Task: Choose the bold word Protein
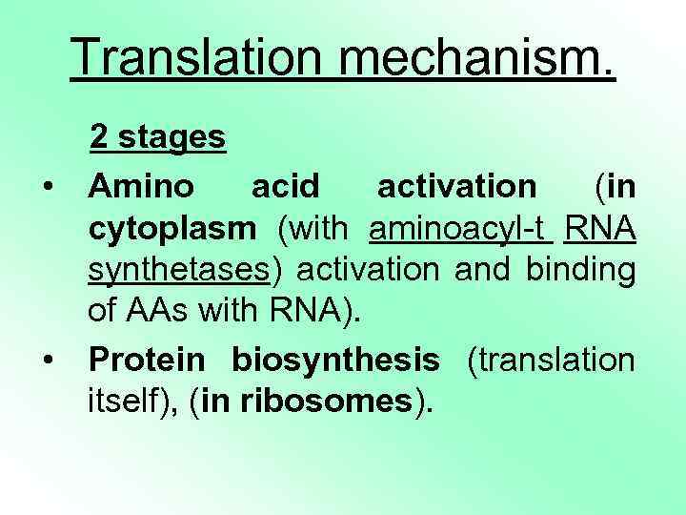click(x=147, y=360)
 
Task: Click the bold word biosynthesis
click(x=336, y=360)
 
